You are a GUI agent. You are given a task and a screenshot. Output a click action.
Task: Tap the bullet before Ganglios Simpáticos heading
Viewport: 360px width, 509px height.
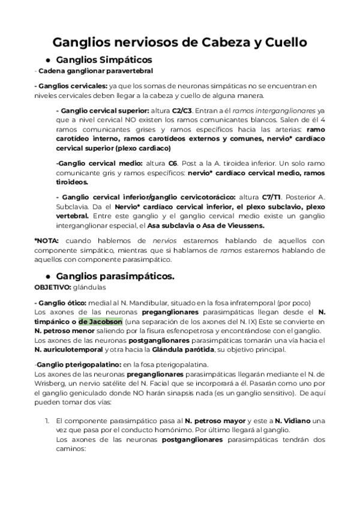47,60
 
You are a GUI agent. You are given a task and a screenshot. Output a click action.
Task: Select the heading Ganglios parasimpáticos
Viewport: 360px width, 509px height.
115,276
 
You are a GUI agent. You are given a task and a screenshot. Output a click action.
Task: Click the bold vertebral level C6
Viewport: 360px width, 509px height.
173,162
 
